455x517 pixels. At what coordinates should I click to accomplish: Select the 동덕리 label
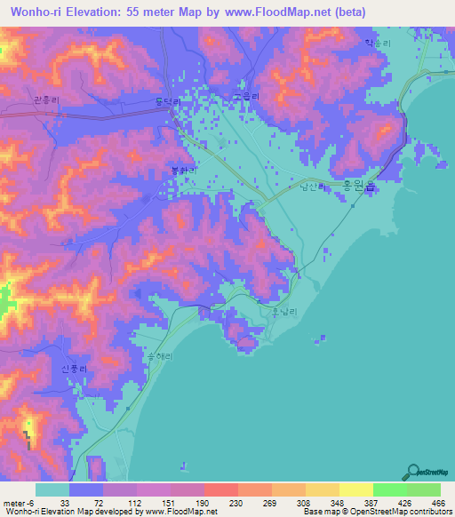tap(165, 102)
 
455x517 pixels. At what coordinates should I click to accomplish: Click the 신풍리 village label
tap(75, 368)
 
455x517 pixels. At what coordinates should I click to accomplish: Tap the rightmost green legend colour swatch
tap(423, 489)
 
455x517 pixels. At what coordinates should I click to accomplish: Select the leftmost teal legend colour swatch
tap(52, 489)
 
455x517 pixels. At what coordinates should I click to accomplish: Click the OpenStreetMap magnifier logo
tap(413, 471)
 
